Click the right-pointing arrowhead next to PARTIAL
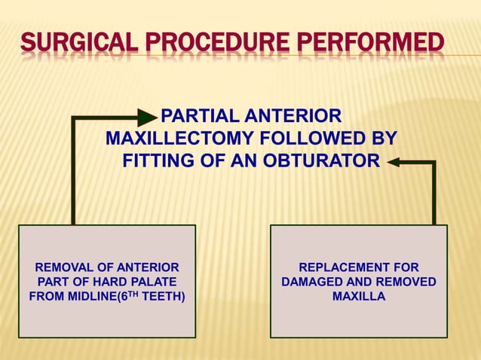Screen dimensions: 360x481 pos(147,117)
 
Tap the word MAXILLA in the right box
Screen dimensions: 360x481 pos(359,296)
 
